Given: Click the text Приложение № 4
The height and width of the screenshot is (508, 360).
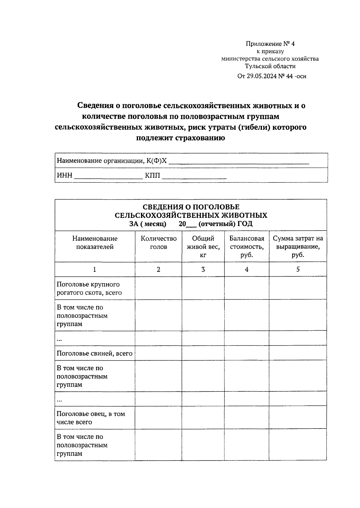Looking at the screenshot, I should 270,44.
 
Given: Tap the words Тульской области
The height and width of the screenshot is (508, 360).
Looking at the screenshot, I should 270,66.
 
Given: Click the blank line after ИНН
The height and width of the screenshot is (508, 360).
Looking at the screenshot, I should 108,177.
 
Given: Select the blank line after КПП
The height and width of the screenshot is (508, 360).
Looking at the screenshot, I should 194,177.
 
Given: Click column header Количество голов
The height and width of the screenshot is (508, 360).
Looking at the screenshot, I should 158,243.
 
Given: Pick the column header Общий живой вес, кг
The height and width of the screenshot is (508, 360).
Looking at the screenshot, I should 203,247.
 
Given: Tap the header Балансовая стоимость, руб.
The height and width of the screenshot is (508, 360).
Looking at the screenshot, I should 247,247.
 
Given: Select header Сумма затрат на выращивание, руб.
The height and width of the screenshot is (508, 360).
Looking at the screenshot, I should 298,247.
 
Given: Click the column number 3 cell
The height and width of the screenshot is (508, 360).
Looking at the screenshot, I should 203,269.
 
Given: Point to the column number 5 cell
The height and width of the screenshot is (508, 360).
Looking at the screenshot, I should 298,269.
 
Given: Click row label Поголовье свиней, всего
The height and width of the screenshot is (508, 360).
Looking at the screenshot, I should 94,353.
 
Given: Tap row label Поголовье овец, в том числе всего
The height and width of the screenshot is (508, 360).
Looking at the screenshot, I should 91,418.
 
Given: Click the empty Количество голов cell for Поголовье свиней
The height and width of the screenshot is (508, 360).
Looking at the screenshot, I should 158,353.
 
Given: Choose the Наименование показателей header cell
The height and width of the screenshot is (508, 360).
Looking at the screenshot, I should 95,243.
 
